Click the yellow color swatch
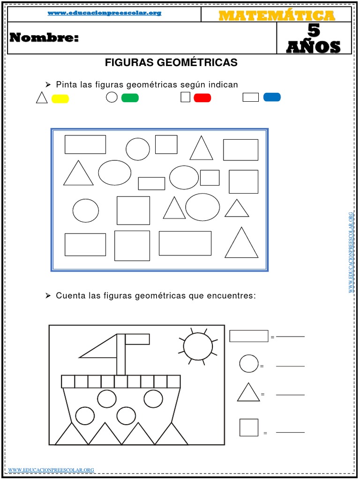[60, 98]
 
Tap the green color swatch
[130, 98]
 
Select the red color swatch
[202, 97]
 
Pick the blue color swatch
[272, 97]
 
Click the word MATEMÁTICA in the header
[277, 15]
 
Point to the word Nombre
[44, 38]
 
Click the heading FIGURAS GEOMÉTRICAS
[171, 62]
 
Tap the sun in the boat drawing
[198, 346]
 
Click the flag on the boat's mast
[137, 339]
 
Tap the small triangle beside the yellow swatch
[42, 98]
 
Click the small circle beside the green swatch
[112, 97]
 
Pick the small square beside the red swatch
[186, 97]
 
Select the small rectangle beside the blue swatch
[251, 97]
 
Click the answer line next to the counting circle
[290, 366]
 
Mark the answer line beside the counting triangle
[290, 395]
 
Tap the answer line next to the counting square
[290, 432]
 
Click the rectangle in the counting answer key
[249, 336]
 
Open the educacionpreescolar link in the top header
[105, 13]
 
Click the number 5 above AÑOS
[314, 31]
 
